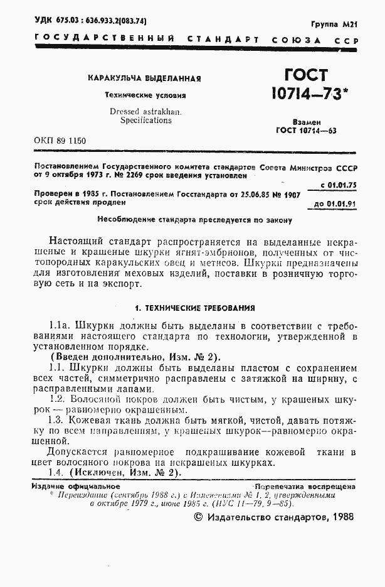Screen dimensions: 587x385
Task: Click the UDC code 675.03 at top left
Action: point(65,21)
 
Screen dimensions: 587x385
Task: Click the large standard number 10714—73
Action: point(309,95)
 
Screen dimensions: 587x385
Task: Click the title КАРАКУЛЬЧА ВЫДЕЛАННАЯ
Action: point(144,79)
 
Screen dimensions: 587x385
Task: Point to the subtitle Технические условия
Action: point(145,95)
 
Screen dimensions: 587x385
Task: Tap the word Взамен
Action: point(307,122)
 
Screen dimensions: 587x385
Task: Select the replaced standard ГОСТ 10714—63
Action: point(306,131)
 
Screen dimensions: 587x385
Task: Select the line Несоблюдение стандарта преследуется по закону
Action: point(194,220)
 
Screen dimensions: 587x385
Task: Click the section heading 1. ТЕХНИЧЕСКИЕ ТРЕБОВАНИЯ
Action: point(195,308)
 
